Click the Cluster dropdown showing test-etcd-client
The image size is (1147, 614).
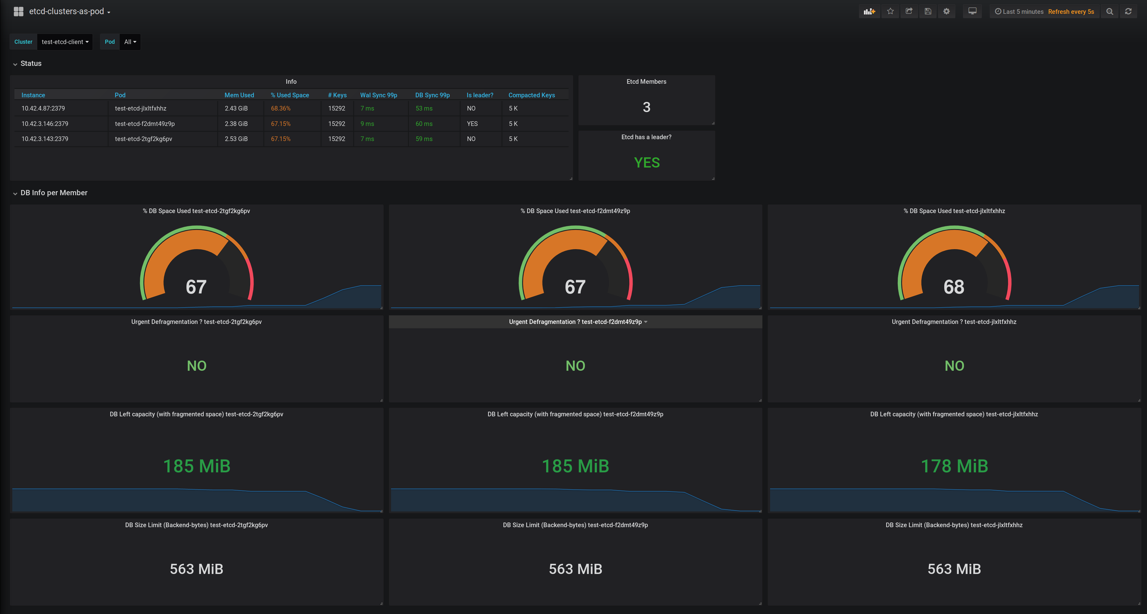pos(65,42)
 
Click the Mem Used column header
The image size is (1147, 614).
pos(239,95)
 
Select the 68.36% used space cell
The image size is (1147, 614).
pos(281,108)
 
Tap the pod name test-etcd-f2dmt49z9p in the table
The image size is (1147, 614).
pos(145,124)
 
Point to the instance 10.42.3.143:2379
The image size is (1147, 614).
pos(45,139)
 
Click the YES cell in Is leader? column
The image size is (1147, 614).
pos(472,124)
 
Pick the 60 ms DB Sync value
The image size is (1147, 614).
pos(424,124)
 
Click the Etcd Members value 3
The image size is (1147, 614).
pos(646,107)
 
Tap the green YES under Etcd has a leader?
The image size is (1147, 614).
pos(646,163)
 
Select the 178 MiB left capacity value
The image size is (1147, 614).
pos(954,466)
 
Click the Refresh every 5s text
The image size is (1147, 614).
pos(1071,12)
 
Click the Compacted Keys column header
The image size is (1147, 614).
pos(532,95)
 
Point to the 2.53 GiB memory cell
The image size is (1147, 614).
pos(236,139)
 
